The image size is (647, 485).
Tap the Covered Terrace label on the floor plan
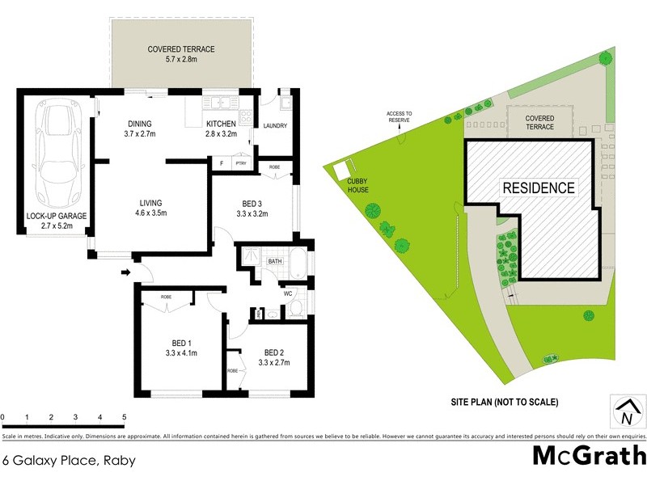[x=180, y=54]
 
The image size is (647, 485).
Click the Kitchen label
[x=221, y=129]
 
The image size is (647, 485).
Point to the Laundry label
[x=277, y=125]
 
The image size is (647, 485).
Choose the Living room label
[x=151, y=208]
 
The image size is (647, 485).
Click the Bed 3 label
[x=251, y=209]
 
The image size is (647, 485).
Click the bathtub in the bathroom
[x=295, y=263]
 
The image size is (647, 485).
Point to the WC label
[x=287, y=293]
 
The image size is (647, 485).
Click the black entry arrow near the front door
[x=125, y=272]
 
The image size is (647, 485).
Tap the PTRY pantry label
[x=240, y=163]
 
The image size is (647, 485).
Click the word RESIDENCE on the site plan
[x=539, y=188]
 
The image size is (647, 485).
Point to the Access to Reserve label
[x=399, y=116]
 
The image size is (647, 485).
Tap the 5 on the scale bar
[x=125, y=417]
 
